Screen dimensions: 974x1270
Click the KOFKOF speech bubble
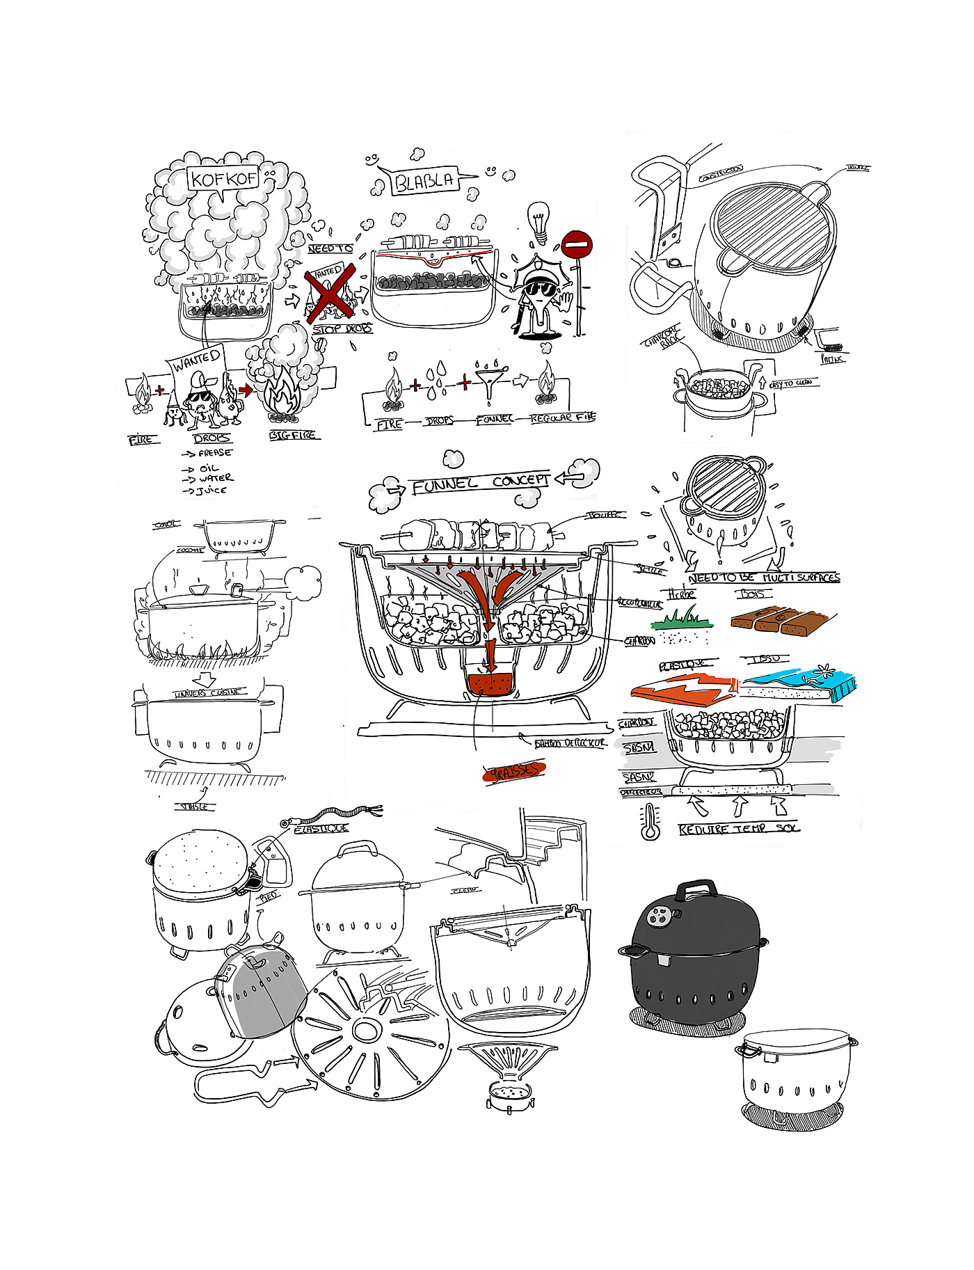(223, 179)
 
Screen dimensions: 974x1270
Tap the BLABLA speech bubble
(424, 182)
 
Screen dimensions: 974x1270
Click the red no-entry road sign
(576, 245)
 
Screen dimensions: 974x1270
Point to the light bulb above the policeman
(538, 219)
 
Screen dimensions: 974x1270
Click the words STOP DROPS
(342, 328)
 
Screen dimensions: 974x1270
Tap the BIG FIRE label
(293, 436)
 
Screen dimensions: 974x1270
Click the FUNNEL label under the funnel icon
(494, 420)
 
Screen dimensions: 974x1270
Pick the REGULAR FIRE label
(563, 418)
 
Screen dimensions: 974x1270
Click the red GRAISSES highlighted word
(515, 771)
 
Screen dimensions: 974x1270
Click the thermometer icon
(650, 822)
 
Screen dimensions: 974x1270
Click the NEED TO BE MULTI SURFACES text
(764, 578)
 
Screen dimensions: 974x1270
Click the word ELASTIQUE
(321, 829)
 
